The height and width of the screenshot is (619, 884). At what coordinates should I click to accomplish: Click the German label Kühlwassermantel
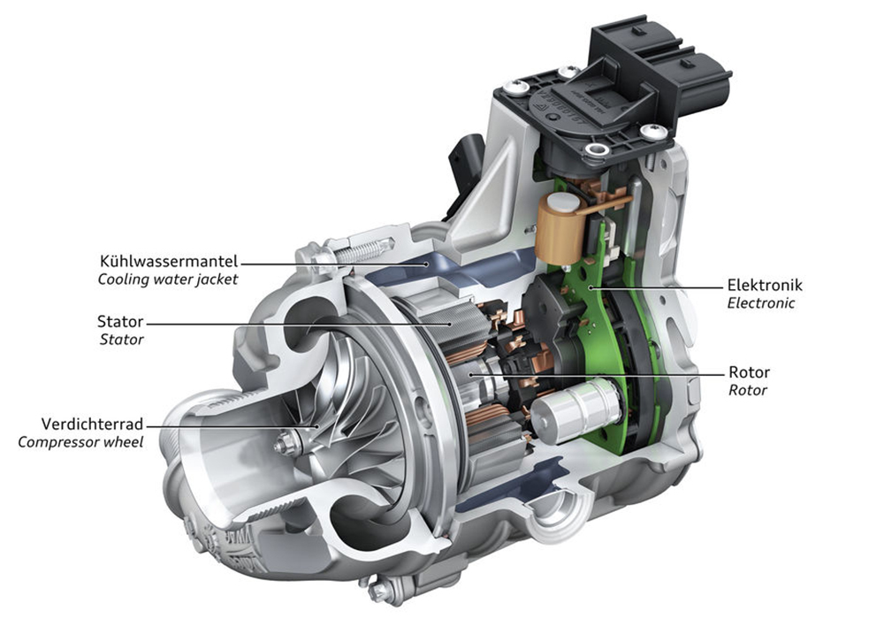pyautogui.click(x=169, y=262)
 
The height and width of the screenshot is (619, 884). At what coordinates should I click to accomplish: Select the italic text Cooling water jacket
pyautogui.click(x=168, y=279)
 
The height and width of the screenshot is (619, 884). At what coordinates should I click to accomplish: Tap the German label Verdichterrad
pyautogui.click(x=93, y=424)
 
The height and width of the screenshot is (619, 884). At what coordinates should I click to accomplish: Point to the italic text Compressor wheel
pyautogui.click(x=80, y=442)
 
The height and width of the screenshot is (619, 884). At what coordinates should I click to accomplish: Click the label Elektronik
pyautogui.click(x=765, y=285)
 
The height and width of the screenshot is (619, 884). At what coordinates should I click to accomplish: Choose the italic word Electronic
pyautogui.click(x=761, y=302)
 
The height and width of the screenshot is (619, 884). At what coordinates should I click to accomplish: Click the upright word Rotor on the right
pyautogui.click(x=750, y=372)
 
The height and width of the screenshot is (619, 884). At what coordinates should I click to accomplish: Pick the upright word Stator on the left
pyautogui.click(x=120, y=321)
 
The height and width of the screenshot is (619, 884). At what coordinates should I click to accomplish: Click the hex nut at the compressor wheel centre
pyautogui.click(x=282, y=445)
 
